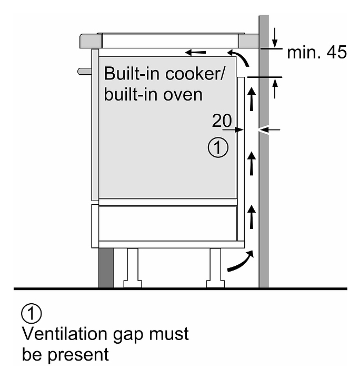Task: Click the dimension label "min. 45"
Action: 317,53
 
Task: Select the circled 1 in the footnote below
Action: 32,314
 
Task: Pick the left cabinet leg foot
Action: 132,284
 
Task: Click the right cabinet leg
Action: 216,266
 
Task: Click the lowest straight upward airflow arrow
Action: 252,217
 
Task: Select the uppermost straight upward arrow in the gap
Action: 252,99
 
